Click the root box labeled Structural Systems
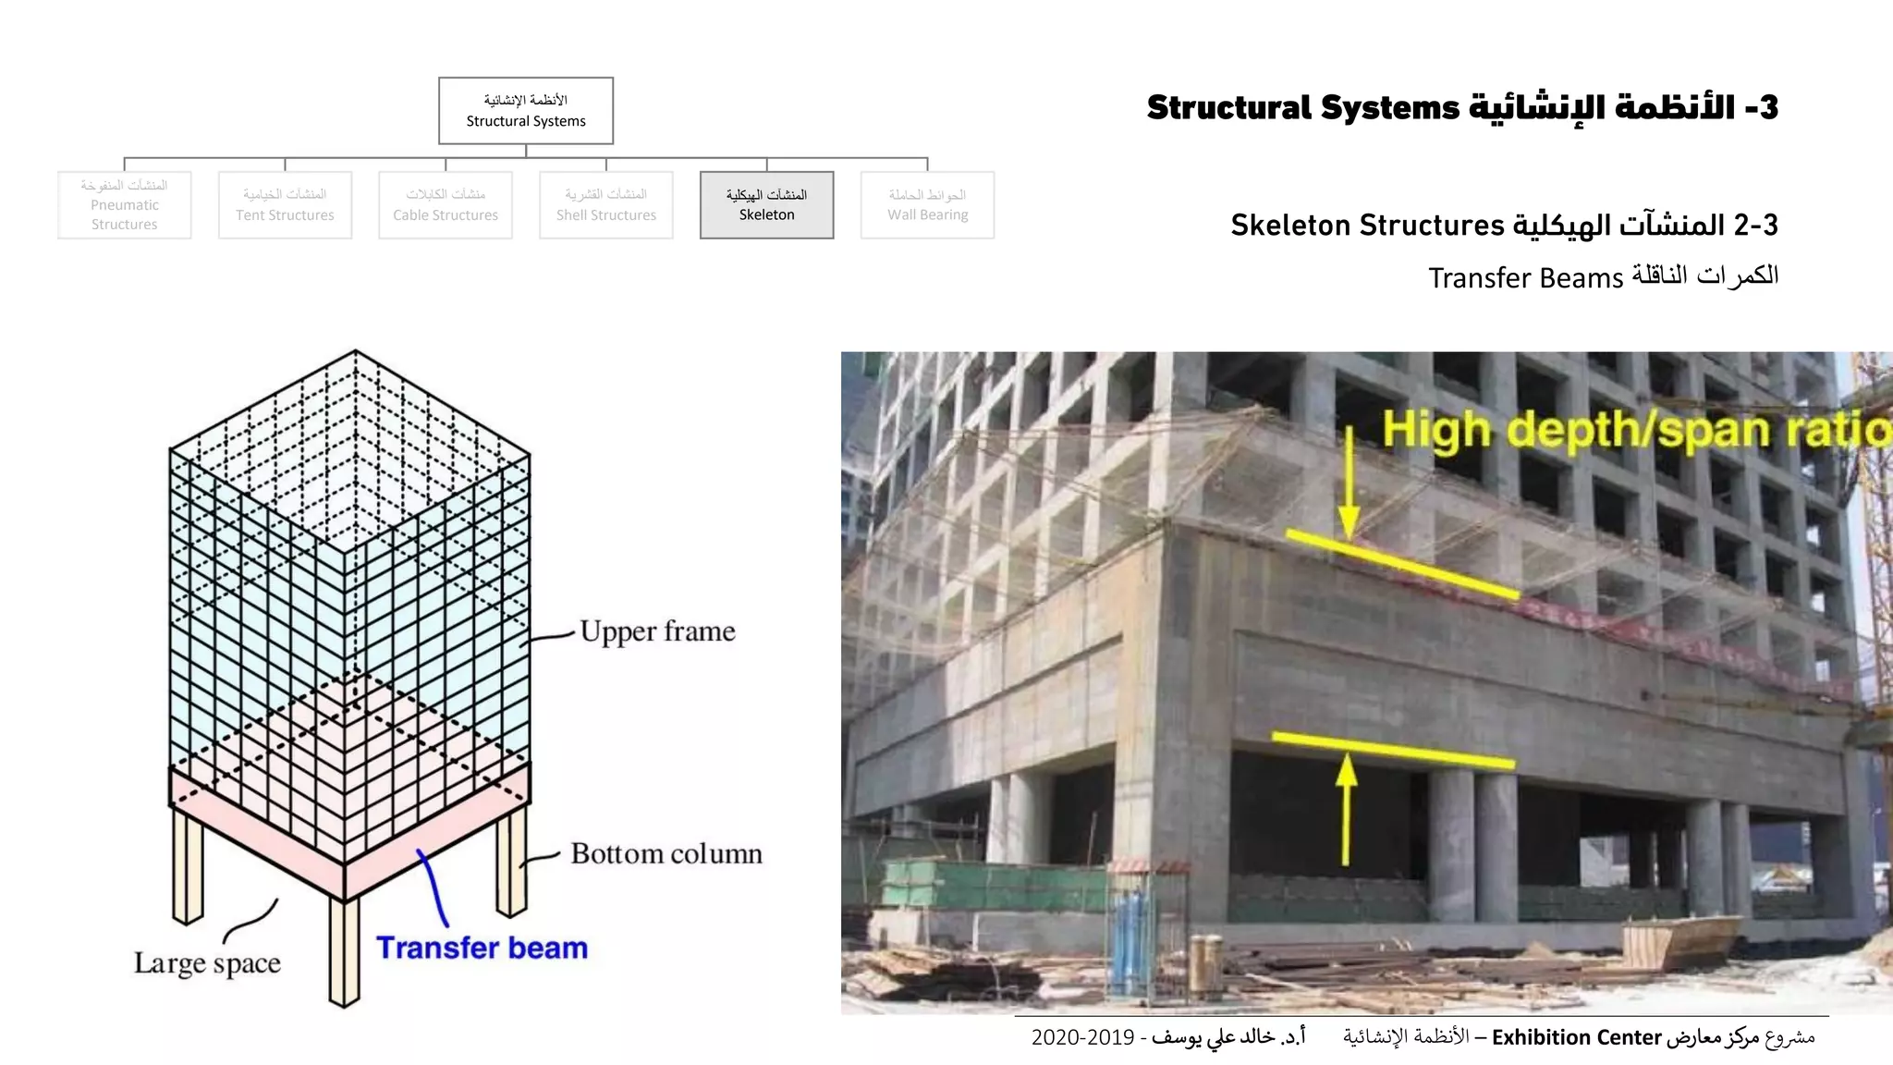[x=525, y=111]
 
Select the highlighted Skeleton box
[x=766, y=205]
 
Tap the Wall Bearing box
[x=927, y=205]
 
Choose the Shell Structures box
[x=605, y=205]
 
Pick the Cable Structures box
[x=445, y=205]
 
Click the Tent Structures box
[x=285, y=205]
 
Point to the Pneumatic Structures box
[x=124, y=205]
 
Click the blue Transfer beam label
[x=482, y=949]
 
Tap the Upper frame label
[x=657, y=631]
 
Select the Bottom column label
[x=666, y=853]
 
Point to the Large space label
[x=207, y=963]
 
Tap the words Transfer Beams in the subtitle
[x=1525, y=278]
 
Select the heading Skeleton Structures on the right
[x=1368, y=226]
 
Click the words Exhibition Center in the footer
[x=1576, y=1037]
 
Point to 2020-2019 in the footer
[x=1082, y=1037]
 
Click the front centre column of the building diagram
[x=344, y=952]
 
